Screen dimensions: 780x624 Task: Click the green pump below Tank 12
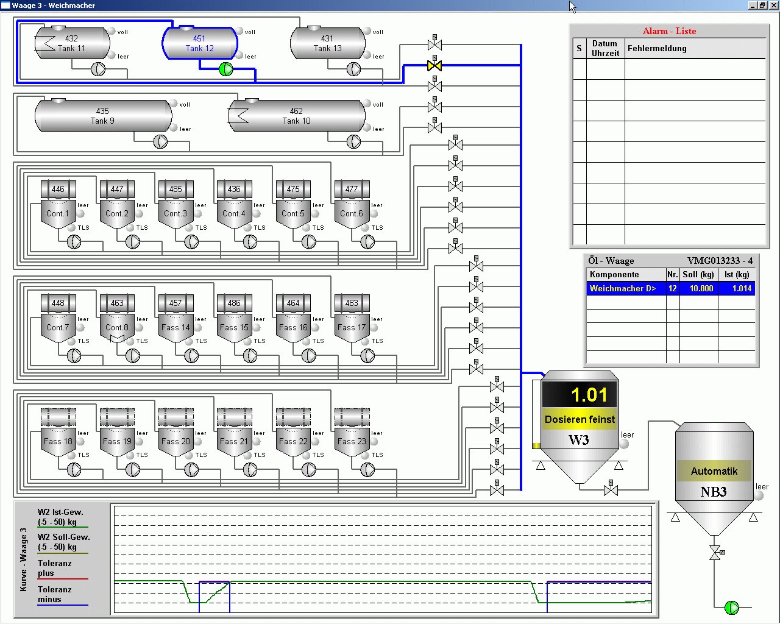pos(226,69)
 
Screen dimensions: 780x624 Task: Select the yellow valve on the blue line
pos(434,66)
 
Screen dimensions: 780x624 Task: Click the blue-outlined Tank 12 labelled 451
pos(200,43)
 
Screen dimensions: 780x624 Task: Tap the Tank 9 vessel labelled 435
pos(104,116)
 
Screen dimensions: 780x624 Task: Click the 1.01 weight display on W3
pos(580,394)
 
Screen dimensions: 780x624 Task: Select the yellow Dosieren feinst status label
pos(580,419)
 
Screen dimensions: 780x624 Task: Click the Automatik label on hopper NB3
pos(714,471)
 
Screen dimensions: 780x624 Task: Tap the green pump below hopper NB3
pos(731,608)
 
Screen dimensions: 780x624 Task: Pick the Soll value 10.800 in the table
pos(701,288)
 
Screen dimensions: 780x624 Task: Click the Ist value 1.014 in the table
pos(742,288)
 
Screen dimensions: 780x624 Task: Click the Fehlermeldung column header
pos(657,48)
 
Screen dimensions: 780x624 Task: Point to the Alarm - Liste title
pos(669,31)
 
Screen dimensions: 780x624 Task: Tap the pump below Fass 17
pos(367,356)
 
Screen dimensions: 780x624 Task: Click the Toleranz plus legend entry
pos(55,568)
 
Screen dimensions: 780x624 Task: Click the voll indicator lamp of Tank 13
pos(367,31)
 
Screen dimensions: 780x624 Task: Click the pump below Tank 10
pos(353,141)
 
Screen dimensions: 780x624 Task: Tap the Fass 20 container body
pos(175,441)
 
